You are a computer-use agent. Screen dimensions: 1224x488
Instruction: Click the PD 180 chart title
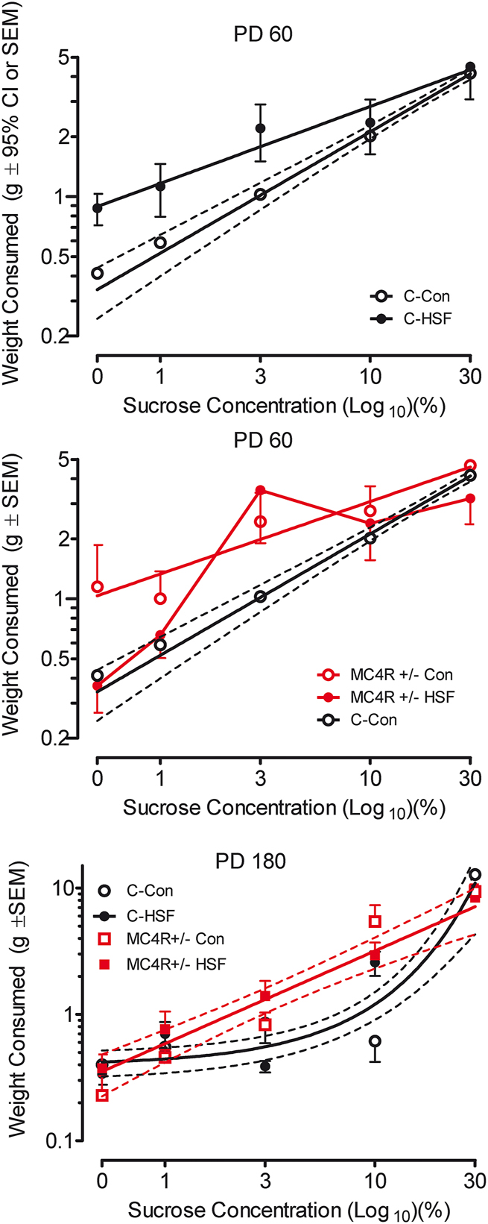(x=250, y=861)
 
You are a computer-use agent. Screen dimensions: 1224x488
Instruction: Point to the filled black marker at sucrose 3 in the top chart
(x=260, y=128)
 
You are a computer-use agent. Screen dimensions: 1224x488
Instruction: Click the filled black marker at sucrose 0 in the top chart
(x=98, y=208)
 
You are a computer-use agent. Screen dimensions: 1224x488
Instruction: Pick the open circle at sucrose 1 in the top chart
(x=160, y=242)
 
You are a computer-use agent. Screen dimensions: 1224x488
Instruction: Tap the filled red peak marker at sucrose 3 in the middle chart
(x=260, y=490)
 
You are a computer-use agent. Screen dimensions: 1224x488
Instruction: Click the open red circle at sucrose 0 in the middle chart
(x=98, y=587)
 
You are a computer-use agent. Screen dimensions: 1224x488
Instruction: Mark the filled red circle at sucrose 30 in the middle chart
(x=469, y=498)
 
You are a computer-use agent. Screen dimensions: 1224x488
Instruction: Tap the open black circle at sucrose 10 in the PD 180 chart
(x=375, y=1041)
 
